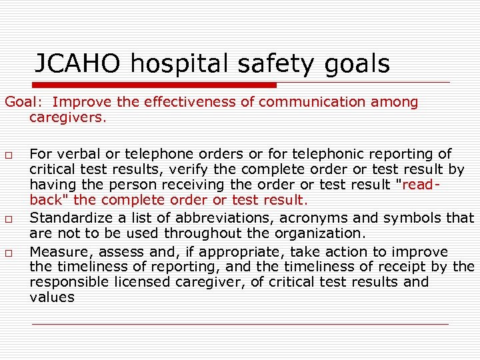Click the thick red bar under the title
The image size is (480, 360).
point(140,85)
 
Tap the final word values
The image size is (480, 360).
point(52,298)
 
